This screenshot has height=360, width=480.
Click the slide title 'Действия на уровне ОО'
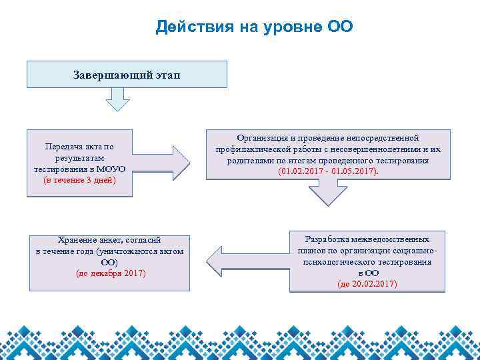tap(254, 27)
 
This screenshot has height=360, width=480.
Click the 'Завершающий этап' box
tap(127, 74)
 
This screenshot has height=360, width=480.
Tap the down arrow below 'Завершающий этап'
tap(118, 99)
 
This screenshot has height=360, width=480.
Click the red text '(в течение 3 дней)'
tap(79, 180)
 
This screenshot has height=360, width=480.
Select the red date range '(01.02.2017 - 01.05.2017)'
tap(328, 171)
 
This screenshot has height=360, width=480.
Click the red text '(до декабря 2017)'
tap(109, 273)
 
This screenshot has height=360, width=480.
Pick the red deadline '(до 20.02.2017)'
tap(367, 284)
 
